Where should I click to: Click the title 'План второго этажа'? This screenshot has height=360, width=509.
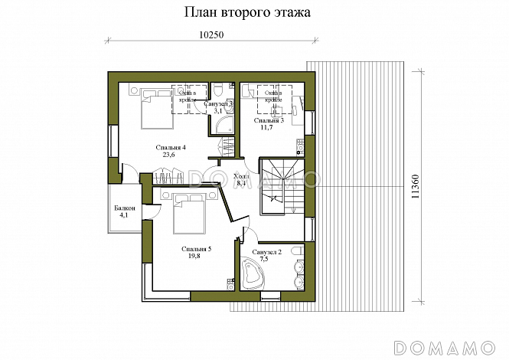click(247, 13)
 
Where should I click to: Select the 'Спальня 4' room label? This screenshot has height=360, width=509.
click(171, 147)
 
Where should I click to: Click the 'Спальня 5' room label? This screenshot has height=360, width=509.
click(197, 249)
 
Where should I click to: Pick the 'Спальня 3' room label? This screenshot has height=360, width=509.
click(268, 120)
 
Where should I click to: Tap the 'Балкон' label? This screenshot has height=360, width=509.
click(125, 208)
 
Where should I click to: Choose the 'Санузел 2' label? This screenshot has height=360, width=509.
click(267, 252)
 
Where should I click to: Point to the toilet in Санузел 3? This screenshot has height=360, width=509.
click(218, 87)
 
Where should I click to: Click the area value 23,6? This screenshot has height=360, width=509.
click(169, 155)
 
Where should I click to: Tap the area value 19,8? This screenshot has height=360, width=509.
click(195, 257)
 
